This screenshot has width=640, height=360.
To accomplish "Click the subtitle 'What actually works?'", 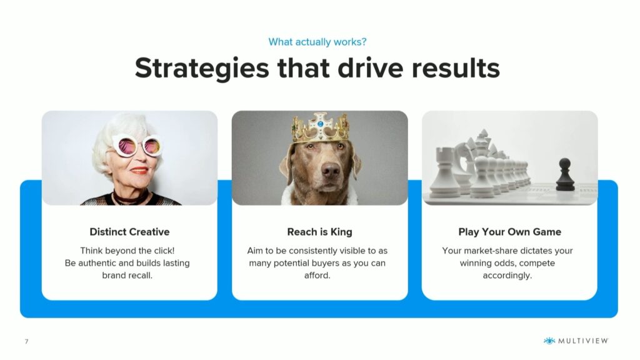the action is (317, 42).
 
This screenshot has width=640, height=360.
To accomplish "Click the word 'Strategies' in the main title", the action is (202, 68).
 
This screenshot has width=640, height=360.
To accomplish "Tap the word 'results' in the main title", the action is (456, 68).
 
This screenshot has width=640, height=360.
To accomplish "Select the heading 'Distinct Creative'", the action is (129, 232).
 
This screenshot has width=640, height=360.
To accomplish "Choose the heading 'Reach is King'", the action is (319, 232).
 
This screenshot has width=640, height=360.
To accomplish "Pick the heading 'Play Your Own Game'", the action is (510, 232).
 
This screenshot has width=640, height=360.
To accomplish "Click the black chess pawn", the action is (565, 175).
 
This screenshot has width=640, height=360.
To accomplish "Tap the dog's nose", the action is (331, 169).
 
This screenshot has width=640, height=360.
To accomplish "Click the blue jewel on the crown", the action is (321, 124).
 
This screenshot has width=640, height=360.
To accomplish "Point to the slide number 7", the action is (26, 341).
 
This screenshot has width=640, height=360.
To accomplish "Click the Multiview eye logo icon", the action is (549, 341).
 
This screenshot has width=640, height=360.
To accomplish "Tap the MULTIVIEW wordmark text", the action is (583, 341).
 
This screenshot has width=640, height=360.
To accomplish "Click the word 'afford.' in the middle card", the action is (317, 276).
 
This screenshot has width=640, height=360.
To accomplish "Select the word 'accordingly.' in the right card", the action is (507, 276).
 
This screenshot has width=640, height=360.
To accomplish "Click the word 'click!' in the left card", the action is (164, 251).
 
